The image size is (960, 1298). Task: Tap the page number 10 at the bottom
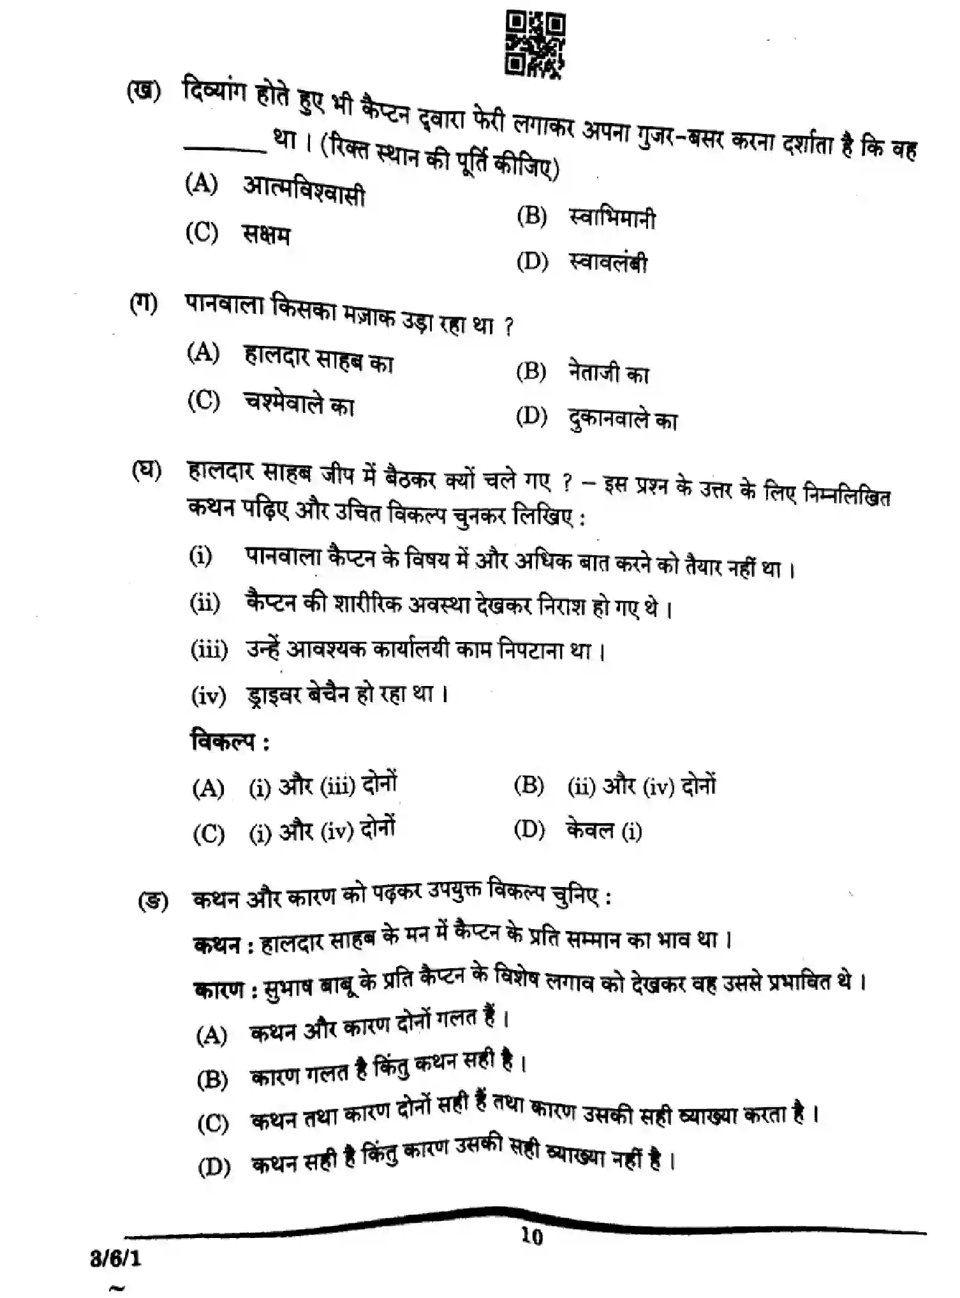pos(531,1237)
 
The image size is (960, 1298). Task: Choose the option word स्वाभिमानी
pos(611,219)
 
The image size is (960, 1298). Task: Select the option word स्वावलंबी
pos(608,262)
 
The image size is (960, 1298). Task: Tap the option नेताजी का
pos(608,372)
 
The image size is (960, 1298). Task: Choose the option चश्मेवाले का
pos(299,403)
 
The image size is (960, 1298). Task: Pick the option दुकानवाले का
pos(623,419)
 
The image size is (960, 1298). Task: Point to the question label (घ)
pos(146,471)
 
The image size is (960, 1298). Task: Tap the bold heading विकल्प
pos(223,742)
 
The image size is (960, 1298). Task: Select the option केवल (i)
pos(603,830)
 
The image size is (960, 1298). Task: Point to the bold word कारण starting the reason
pos(219,990)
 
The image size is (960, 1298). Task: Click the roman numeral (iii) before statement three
pos(209,650)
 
